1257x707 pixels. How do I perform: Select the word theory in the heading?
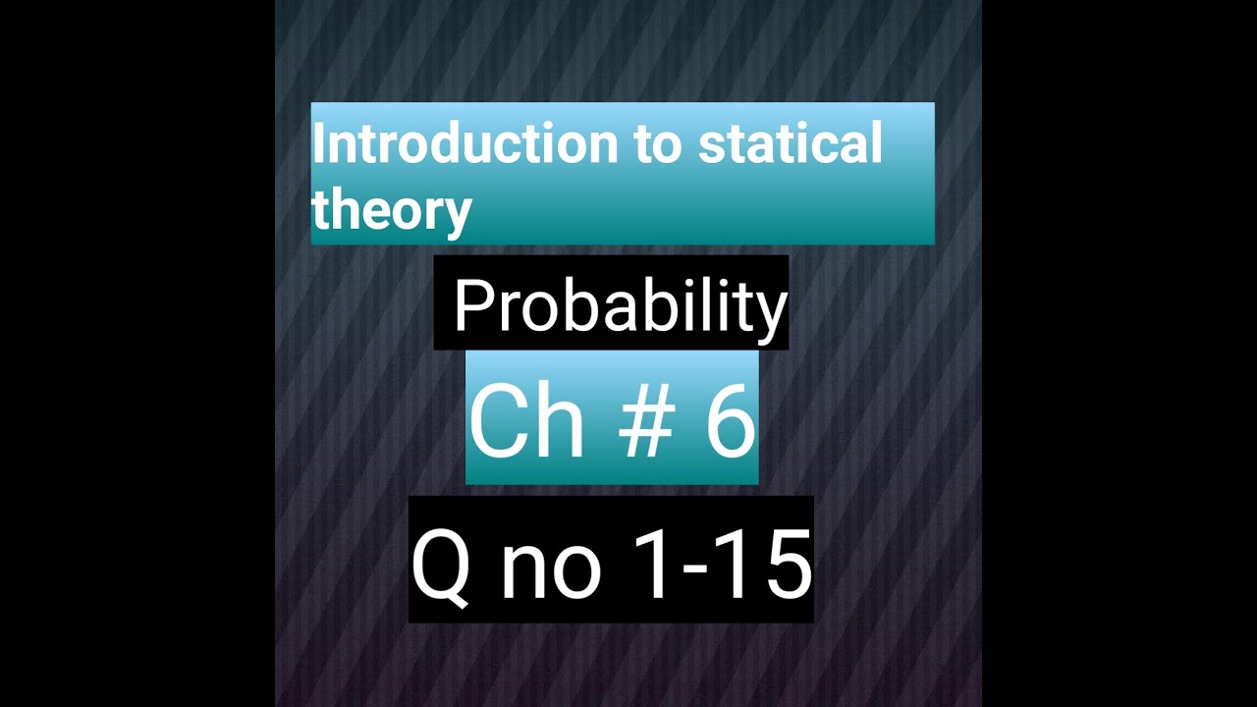click(392, 209)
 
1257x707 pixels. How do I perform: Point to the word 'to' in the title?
click(657, 144)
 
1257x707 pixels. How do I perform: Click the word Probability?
click(620, 306)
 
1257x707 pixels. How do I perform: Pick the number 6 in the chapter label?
click(729, 422)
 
